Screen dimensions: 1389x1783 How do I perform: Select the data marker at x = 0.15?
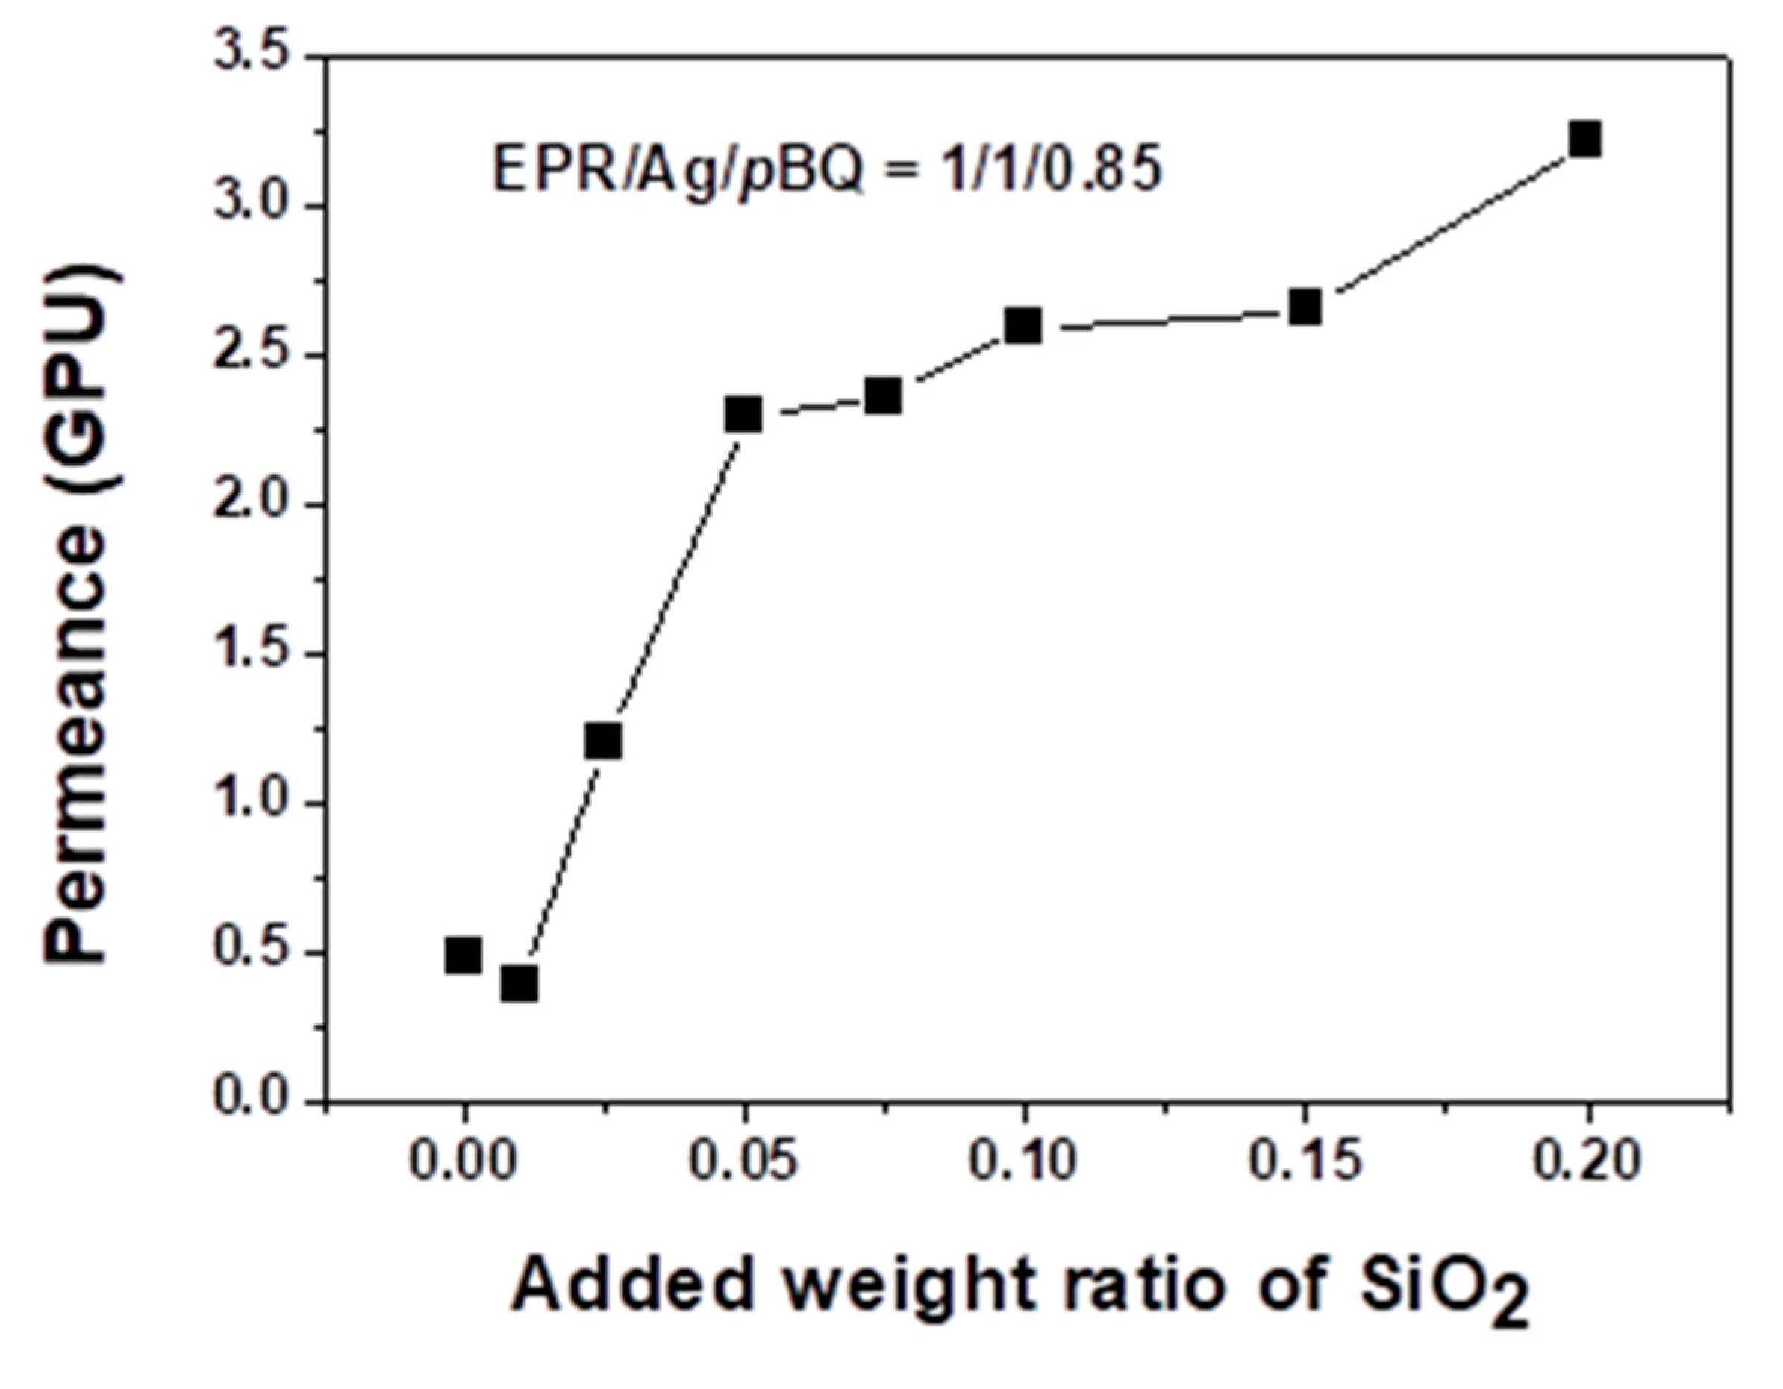point(1305,307)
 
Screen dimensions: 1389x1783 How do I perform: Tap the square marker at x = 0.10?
point(1023,326)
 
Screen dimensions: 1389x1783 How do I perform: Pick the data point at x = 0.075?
point(884,397)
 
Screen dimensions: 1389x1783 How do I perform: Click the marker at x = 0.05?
point(743,415)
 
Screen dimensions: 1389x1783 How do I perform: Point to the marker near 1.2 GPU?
point(603,741)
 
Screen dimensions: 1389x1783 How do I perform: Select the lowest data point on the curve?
point(519,983)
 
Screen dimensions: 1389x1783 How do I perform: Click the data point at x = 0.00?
point(463,955)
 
